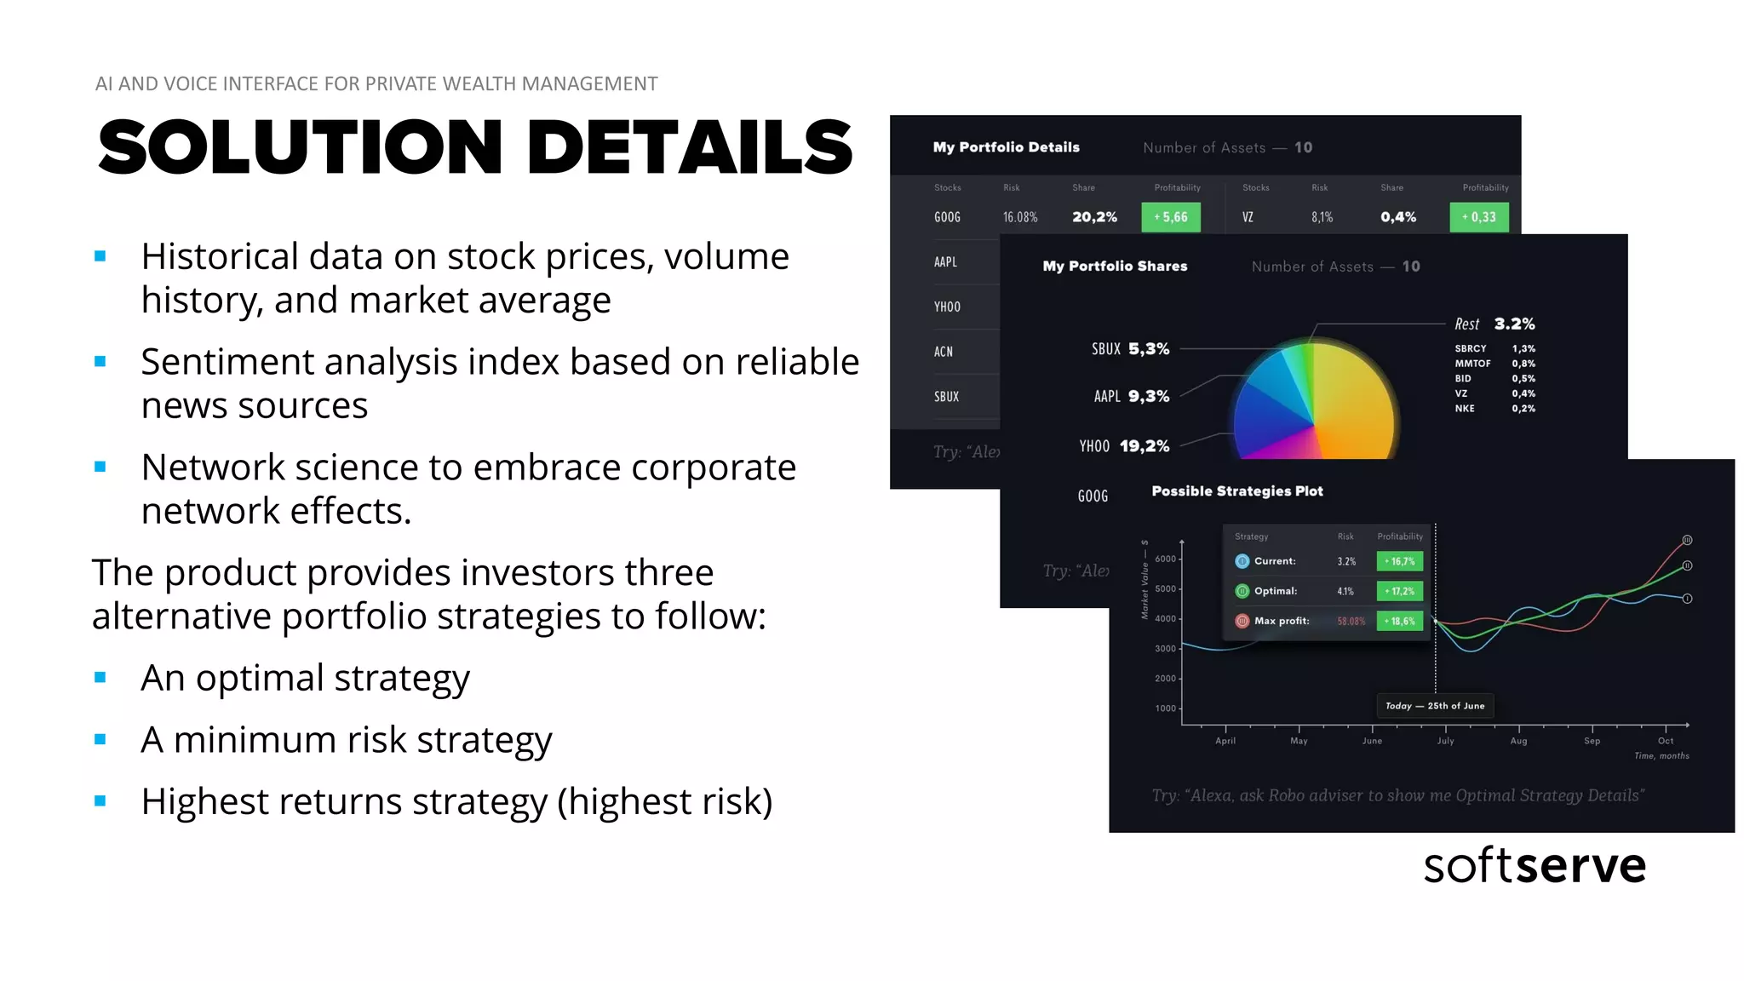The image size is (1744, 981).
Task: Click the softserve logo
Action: point(1535,866)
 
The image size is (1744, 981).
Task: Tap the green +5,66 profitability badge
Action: point(1171,217)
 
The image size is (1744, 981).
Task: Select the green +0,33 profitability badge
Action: point(1479,217)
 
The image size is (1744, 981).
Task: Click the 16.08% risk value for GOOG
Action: point(1020,217)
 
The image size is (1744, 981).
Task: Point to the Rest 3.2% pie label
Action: point(1494,324)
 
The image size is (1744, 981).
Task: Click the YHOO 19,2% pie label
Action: point(1124,446)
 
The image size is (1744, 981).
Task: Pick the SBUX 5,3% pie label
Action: point(1130,349)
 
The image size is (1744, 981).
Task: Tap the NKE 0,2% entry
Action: point(1494,409)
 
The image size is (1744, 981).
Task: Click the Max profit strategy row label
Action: point(1282,621)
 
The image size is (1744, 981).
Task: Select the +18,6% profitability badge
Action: point(1400,621)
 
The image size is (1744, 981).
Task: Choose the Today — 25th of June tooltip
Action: point(1435,706)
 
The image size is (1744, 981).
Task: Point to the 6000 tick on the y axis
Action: point(1165,559)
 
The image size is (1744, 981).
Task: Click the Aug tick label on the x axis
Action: point(1518,741)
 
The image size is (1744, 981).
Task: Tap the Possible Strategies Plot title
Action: point(1237,491)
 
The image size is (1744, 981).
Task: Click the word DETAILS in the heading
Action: point(690,147)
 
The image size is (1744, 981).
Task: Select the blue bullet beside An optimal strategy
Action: point(100,678)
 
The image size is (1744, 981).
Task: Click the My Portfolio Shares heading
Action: point(1115,267)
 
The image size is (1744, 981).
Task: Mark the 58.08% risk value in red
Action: point(1351,621)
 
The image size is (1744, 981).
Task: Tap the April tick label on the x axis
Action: point(1225,741)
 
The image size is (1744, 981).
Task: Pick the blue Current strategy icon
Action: point(1242,561)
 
